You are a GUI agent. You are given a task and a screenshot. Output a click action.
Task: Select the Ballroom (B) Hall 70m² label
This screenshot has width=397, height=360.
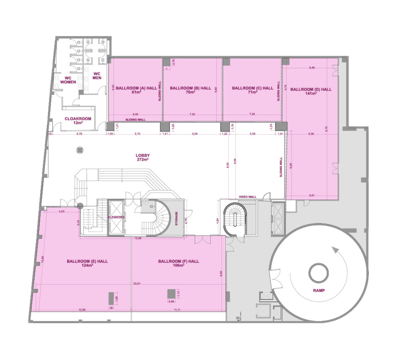click(x=190, y=90)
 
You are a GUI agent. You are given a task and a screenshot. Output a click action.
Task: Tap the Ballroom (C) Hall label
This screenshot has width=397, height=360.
click(x=252, y=90)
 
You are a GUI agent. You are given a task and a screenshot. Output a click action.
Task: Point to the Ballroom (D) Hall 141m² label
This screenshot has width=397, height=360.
click(x=311, y=91)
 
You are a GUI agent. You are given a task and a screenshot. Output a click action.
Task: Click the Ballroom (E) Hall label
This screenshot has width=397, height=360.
click(x=87, y=263)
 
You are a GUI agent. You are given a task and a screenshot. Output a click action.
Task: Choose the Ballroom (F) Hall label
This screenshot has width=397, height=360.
click(x=178, y=263)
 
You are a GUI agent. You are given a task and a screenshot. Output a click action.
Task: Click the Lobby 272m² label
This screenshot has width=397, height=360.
click(x=142, y=157)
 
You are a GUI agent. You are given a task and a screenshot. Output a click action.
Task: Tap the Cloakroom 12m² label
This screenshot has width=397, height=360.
click(x=78, y=120)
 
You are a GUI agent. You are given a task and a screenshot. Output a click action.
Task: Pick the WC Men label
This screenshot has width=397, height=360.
click(x=97, y=76)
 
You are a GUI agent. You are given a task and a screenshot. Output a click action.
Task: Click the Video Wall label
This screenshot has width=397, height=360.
click(x=247, y=196)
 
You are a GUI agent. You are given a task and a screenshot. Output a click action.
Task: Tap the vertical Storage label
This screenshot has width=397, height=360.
click(x=177, y=219)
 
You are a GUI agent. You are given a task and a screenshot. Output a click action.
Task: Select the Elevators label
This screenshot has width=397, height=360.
click(x=117, y=217)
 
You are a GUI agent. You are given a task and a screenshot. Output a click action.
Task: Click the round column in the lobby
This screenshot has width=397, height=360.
click(x=79, y=150)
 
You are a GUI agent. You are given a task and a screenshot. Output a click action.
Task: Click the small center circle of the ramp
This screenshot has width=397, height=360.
click(x=318, y=274)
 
